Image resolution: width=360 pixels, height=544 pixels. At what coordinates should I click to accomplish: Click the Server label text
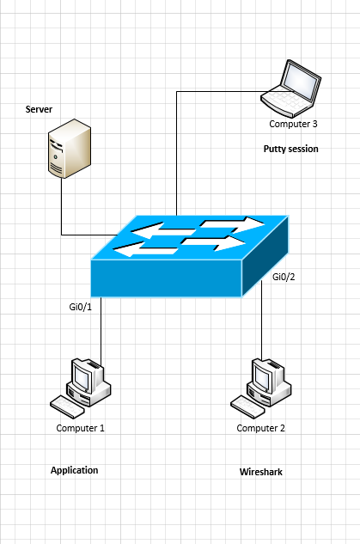click(39, 109)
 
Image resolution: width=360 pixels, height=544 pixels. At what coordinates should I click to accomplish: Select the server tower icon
click(70, 148)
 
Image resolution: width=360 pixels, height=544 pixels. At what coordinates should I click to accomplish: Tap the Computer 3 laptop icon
click(291, 89)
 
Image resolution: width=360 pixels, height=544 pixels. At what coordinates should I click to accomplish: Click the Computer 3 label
click(293, 124)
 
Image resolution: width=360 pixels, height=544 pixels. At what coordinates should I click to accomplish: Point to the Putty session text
click(290, 149)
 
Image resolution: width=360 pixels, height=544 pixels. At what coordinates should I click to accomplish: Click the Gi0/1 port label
click(81, 307)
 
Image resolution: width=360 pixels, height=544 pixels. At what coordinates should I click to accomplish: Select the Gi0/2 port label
click(284, 277)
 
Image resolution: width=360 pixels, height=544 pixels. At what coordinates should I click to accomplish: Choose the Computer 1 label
click(80, 428)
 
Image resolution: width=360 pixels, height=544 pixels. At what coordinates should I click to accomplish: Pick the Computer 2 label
click(261, 428)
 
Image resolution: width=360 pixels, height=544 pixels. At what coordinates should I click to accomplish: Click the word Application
click(74, 470)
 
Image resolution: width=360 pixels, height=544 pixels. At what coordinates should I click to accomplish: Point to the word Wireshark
click(261, 472)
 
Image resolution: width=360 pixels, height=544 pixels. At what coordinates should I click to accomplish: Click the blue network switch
click(189, 256)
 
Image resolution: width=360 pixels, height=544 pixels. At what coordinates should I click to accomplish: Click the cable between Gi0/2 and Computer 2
click(262, 320)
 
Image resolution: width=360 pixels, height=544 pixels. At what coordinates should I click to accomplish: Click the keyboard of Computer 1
click(67, 407)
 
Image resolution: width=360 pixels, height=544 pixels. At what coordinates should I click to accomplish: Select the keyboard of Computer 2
click(247, 407)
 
